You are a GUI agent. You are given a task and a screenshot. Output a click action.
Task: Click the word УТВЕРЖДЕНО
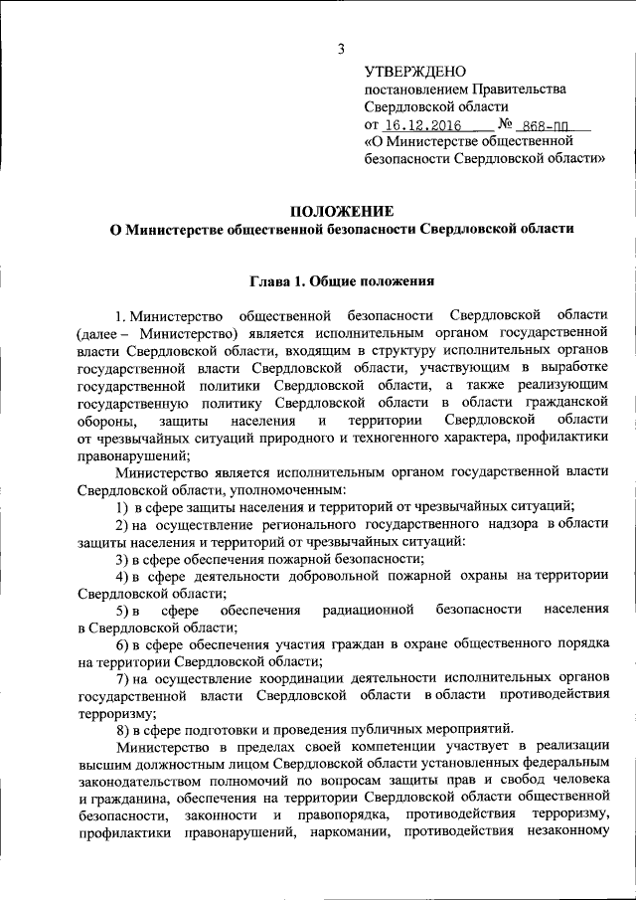(415, 72)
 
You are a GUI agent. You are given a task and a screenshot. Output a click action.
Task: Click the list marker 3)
(123, 558)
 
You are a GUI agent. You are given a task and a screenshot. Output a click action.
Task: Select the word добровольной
(347, 576)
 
